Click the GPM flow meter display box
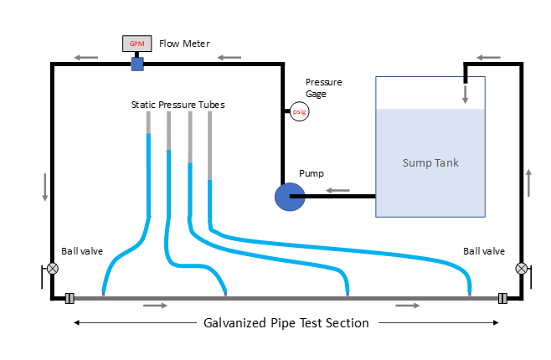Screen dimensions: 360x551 (136, 44)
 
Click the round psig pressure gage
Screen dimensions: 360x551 (298, 111)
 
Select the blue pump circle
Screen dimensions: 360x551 (290, 198)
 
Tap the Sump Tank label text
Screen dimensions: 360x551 (430, 162)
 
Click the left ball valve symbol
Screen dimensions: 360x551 (53, 269)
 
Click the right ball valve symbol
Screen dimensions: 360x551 (522, 269)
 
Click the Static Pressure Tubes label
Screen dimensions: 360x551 (178, 105)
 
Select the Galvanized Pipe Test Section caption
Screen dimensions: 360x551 (286, 322)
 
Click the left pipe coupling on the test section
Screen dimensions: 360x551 (70, 297)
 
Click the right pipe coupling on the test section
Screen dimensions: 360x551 (503, 297)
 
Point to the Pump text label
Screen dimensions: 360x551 (312, 174)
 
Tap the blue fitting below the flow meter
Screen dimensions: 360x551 (137, 64)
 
